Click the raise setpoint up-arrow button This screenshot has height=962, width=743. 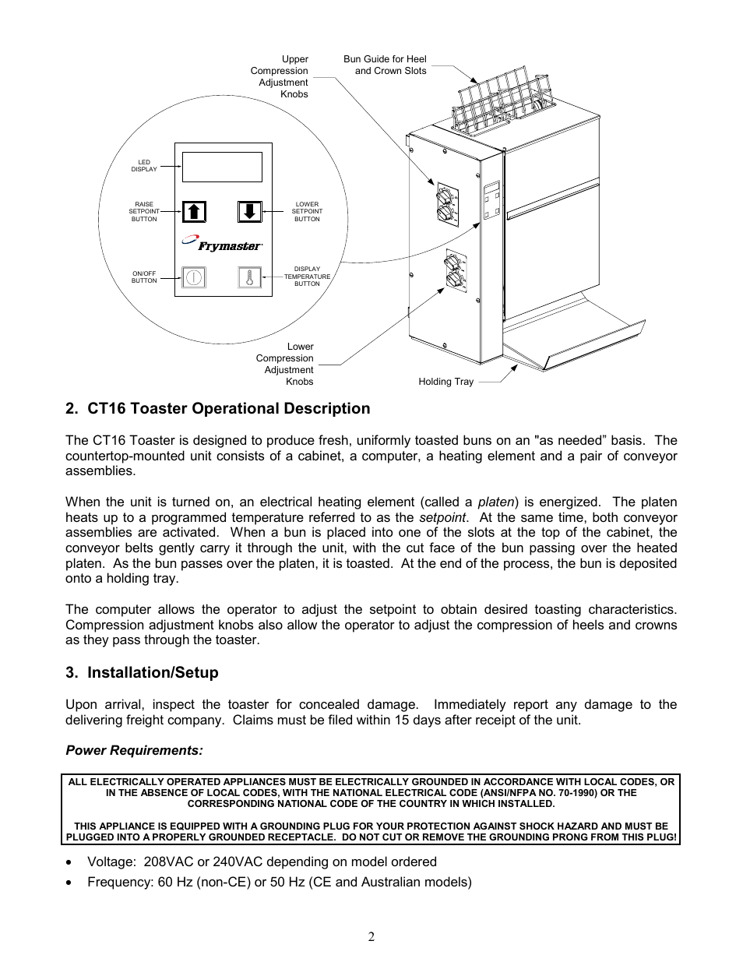(x=194, y=211)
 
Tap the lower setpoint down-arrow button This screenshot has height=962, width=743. (x=249, y=211)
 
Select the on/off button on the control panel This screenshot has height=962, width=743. (x=194, y=277)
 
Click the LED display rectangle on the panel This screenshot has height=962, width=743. (x=222, y=167)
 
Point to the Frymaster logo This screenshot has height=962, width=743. (x=223, y=245)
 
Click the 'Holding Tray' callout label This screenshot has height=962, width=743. (x=445, y=382)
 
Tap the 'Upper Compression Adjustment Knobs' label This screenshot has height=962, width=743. (x=280, y=76)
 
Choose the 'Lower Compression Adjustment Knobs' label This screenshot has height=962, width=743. (x=285, y=364)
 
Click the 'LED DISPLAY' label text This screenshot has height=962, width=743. (x=144, y=166)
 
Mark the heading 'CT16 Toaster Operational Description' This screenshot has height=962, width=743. (x=218, y=409)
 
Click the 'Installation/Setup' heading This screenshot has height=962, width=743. (x=143, y=673)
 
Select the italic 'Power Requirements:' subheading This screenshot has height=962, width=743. (x=134, y=750)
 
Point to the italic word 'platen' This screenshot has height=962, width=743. (x=495, y=502)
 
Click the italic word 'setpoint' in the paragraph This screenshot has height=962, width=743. (x=442, y=518)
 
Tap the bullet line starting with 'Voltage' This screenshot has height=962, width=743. (x=262, y=862)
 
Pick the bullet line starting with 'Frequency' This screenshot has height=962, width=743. (x=279, y=882)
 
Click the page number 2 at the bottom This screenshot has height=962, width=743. (x=371, y=936)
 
